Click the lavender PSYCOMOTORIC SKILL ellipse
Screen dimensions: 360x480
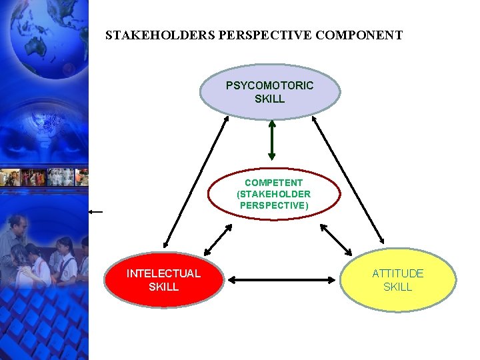269,92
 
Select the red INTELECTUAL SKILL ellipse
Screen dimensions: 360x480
163,280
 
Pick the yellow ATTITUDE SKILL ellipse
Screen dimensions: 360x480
398,280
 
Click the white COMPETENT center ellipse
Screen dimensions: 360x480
273,194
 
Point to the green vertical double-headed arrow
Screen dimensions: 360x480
271,140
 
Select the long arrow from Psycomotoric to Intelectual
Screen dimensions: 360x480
196,181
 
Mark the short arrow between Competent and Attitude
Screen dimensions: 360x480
336,239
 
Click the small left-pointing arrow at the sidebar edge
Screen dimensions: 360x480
95,211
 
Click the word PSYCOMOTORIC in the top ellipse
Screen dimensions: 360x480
269,85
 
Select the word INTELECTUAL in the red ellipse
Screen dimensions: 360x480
163,273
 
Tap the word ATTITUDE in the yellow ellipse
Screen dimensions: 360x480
398,273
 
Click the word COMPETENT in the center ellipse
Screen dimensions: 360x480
273,183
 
